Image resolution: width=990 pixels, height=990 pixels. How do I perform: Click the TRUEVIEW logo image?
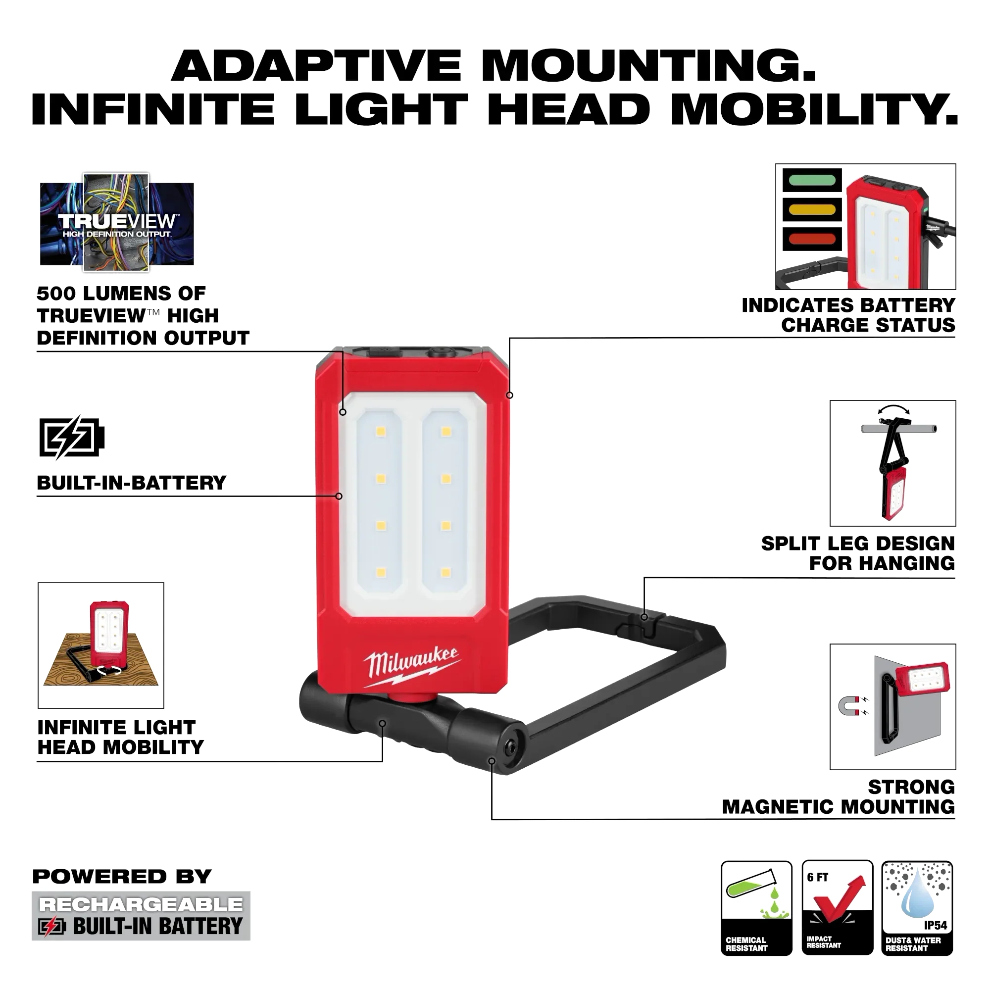pos(117,222)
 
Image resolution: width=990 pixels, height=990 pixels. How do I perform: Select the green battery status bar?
pos(812,180)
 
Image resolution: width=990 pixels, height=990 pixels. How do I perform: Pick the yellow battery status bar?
pos(812,209)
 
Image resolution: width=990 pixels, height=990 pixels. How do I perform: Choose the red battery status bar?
pos(812,238)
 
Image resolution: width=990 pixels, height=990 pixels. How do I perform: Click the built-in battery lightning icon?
pos(72,437)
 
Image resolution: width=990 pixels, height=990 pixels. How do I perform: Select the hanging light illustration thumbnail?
pos(892,463)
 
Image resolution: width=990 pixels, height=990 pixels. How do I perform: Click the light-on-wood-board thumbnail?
pos(101,645)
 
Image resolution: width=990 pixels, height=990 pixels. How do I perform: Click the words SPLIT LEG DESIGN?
pos(858,543)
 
